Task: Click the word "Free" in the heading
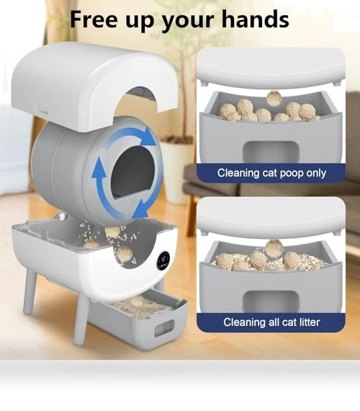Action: click(x=94, y=19)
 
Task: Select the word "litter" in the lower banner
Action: click(x=309, y=322)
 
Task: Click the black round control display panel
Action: click(x=164, y=261)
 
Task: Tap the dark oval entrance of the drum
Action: click(x=132, y=171)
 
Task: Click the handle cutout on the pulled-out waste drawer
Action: click(x=164, y=328)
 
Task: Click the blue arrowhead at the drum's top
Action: click(x=150, y=137)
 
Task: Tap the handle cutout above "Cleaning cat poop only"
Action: click(x=271, y=153)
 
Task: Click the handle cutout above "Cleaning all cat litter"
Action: click(x=271, y=302)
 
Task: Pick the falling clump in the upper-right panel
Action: click(x=274, y=99)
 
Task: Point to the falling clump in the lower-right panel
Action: click(x=274, y=248)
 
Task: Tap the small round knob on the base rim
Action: click(x=61, y=217)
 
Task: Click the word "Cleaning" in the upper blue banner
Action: click(x=238, y=173)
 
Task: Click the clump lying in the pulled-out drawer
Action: click(x=137, y=301)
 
